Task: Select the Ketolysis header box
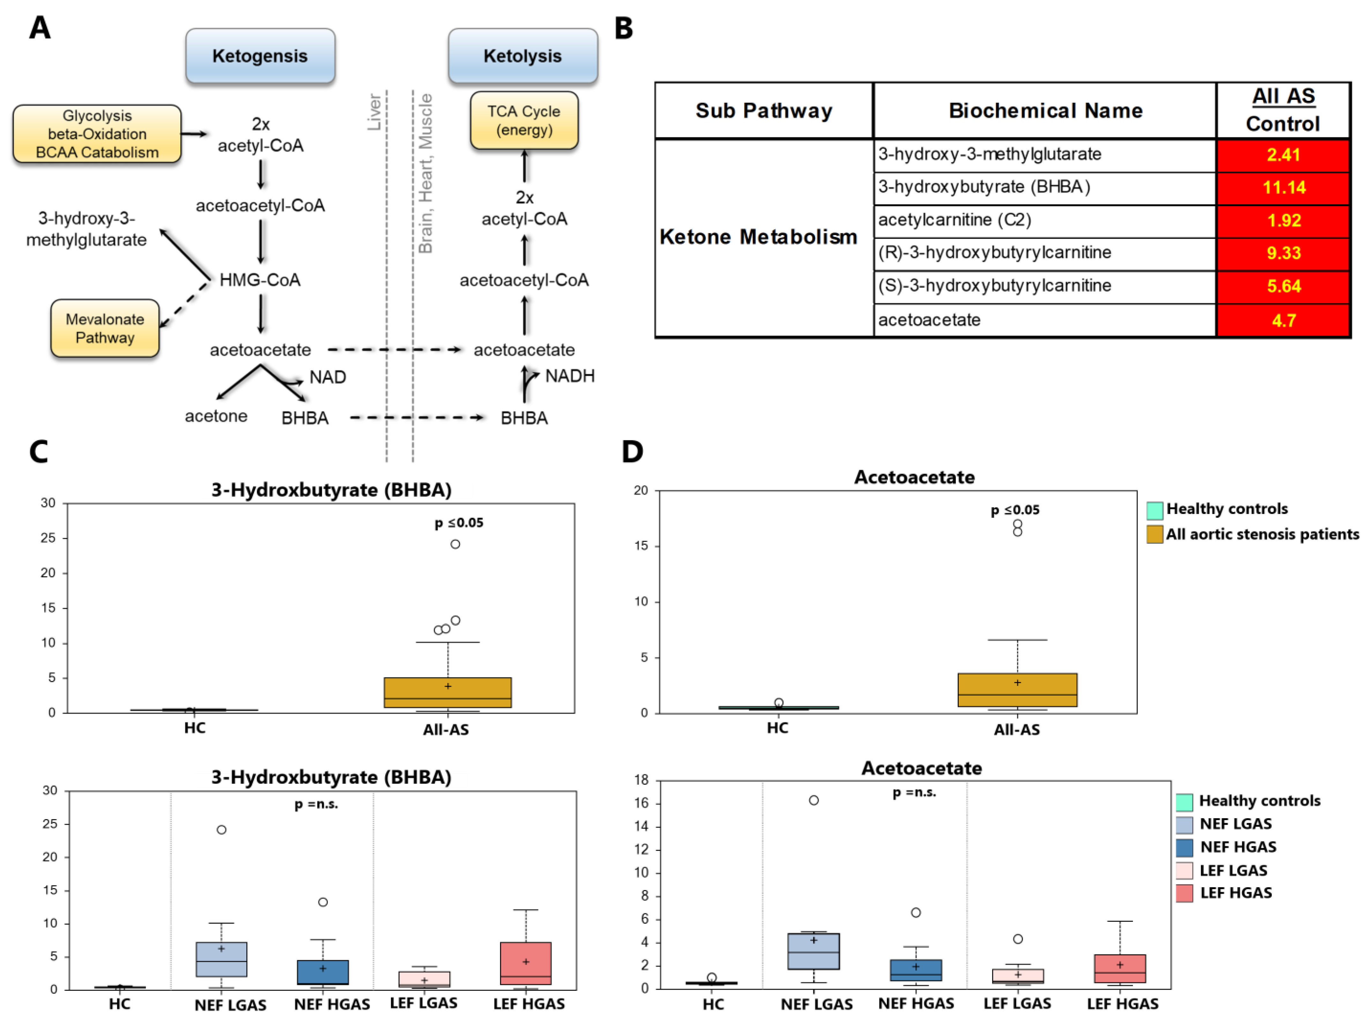click(x=523, y=56)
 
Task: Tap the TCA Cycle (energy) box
click(x=524, y=120)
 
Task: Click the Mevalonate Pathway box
click(x=105, y=328)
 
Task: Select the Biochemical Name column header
click(x=1045, y=110)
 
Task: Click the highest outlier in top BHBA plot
click(x=455, y=544)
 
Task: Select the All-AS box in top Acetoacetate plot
click(x=1017, y=690)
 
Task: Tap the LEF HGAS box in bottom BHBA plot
click(x=525, y=963)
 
